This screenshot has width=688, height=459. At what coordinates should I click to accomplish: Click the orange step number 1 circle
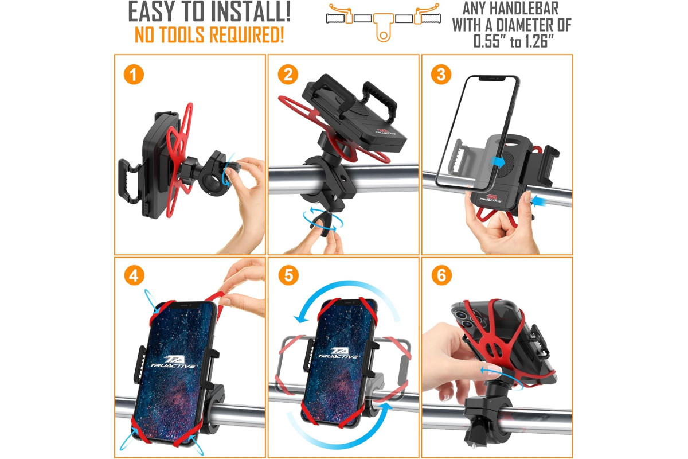(134, 75)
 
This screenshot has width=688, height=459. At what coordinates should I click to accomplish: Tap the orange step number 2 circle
(288, 75)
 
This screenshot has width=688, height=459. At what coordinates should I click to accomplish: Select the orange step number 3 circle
(441, 75)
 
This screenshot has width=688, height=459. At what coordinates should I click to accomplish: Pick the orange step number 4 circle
(134, 275)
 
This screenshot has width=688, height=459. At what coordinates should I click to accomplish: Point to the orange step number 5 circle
(288, 275)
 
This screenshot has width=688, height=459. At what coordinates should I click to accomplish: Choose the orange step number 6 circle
(441, 275)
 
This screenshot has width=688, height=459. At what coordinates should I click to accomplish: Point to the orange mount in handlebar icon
(384, 27)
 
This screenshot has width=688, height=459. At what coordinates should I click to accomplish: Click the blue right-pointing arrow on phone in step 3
(498, 162)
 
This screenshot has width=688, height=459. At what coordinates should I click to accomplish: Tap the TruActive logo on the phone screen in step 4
(173, 361)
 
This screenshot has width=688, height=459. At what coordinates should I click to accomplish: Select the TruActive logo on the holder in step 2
(385, 131)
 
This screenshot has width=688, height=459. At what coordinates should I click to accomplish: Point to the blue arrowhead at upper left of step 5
(301, 318)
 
